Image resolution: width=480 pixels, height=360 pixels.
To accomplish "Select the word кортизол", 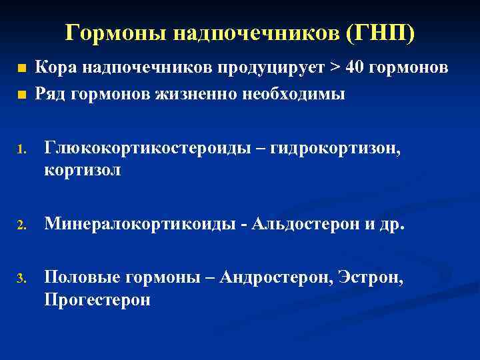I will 83,171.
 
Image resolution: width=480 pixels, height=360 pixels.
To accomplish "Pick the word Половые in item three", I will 82,277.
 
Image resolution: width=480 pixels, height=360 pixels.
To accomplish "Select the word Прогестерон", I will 97,299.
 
